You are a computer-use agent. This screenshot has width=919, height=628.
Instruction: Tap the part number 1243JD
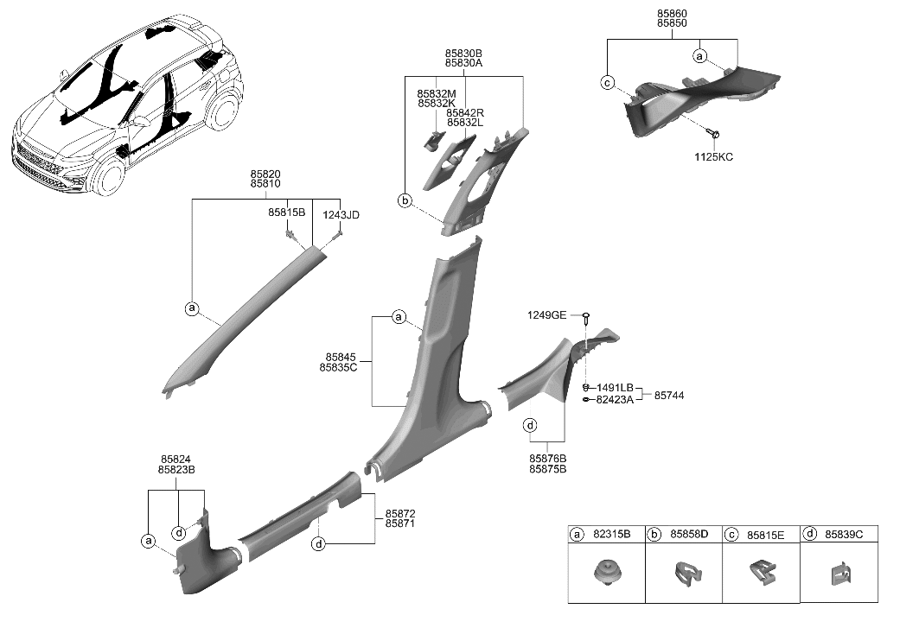[341, 214]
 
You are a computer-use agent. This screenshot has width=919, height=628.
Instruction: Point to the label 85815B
[287, 213]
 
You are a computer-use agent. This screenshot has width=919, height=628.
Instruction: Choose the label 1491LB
[615, 388]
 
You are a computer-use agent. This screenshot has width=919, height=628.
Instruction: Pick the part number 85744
[669, 395]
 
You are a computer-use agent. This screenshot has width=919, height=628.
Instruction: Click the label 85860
[672, 15]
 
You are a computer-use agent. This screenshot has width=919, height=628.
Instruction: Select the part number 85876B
[548, 458]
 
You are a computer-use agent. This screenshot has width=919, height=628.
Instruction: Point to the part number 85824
[176, 460]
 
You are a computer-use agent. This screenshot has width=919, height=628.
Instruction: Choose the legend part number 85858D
[690, 535]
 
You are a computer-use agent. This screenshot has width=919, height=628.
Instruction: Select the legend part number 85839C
[845, 535]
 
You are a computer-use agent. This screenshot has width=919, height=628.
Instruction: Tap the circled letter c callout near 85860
[608, 83]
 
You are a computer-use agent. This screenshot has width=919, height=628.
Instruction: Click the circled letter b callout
[404, 201]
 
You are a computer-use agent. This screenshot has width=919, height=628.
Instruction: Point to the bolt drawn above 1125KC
[714, 134]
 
